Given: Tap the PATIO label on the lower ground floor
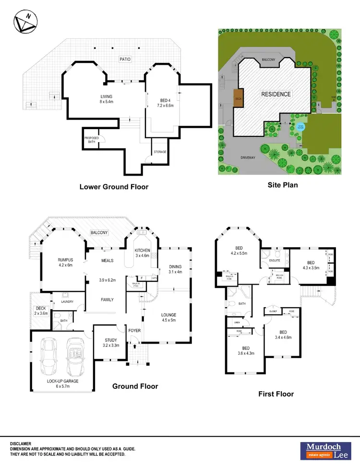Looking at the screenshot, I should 126,59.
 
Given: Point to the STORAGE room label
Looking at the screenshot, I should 160,152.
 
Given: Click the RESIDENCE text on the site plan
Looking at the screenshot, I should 276,94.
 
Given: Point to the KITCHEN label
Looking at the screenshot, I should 143,251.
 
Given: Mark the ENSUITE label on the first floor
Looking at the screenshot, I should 275,261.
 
